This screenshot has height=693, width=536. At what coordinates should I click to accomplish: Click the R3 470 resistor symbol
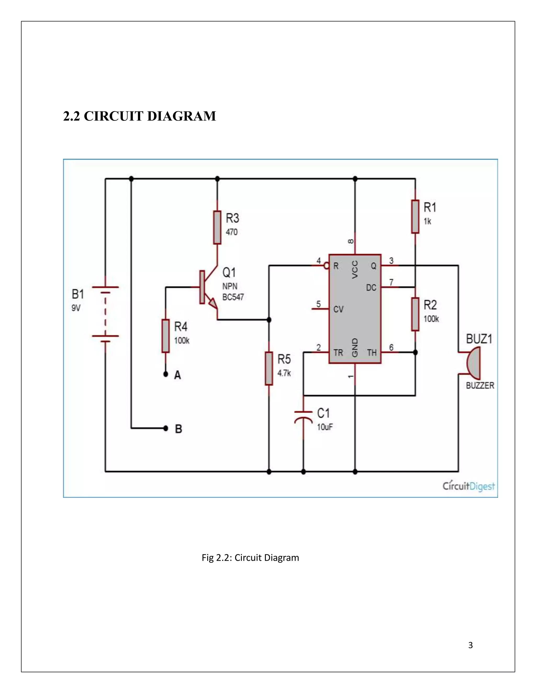click(x=217, y=227)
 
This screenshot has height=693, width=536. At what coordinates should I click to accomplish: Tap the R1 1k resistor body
click(x=415, y=217)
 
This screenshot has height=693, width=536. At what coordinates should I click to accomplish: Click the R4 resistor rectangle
click(x=165, y=336)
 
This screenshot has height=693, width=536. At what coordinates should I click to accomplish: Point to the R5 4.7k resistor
click(x=269, y=368)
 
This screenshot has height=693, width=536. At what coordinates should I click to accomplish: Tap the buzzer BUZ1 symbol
click(x=473, y=363)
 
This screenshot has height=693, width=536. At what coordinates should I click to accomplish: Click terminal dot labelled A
click(x=165, y=374)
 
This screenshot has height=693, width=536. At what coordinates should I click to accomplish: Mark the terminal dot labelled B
click(x=165, y=428)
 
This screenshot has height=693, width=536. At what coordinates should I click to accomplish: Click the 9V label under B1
click(x=76, y=308)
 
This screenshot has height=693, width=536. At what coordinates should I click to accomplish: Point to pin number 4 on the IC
click(x=319, y=261)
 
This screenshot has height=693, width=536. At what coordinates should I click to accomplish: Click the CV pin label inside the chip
click(x=338, y=309)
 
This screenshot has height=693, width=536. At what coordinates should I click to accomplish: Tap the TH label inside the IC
click(x=372, y=353)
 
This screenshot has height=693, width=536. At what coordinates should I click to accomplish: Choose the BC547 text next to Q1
click(x=233, y=297)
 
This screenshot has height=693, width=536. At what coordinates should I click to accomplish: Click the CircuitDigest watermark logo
click(x=469, y=486)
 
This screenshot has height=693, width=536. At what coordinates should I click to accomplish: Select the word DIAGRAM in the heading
click(x=182, y=116)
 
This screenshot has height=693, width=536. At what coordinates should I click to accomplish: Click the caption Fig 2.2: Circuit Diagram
click(x=250, y=558)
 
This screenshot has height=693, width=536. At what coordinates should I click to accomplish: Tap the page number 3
click(x=470, y=645)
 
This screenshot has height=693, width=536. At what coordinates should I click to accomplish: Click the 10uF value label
click(x=325, y=427)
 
